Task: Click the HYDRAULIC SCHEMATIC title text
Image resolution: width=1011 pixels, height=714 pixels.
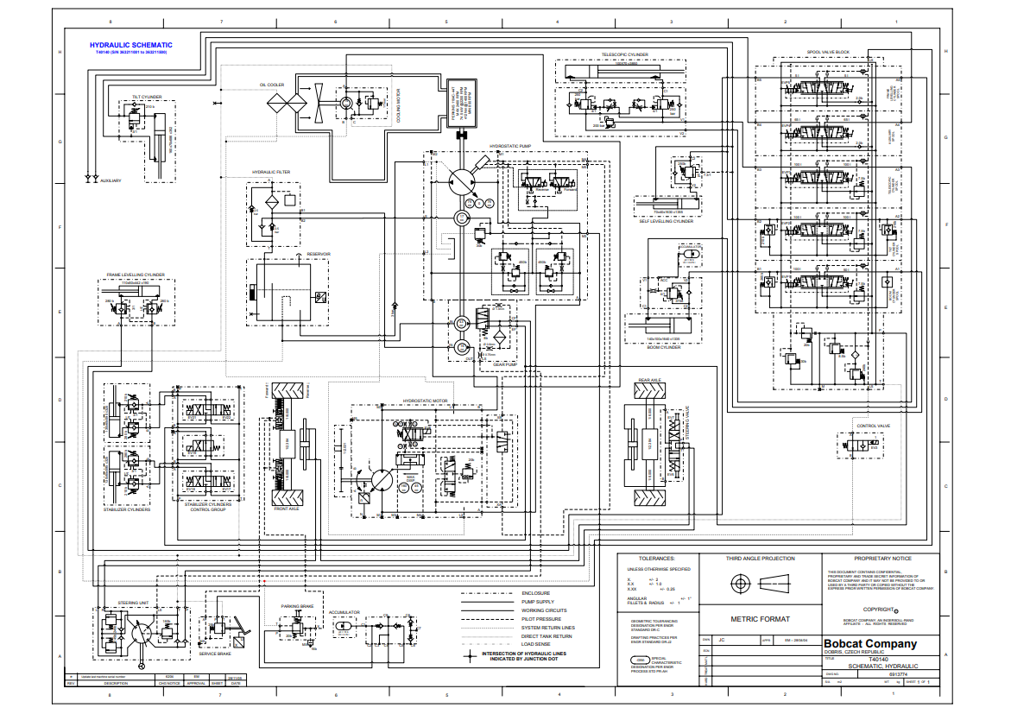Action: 131,45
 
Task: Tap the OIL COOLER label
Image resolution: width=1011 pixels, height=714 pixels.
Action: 271,85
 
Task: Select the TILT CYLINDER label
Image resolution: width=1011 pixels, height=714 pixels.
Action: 147,98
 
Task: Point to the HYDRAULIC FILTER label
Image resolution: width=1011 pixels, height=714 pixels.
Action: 271,172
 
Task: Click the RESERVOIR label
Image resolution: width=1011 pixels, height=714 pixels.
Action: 320,253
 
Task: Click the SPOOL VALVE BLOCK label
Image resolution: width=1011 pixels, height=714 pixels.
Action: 828,53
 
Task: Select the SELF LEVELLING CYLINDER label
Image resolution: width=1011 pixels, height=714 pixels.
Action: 666,221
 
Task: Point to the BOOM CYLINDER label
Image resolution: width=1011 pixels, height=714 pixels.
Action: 664,347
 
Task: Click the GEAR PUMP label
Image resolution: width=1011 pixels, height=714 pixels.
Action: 504,364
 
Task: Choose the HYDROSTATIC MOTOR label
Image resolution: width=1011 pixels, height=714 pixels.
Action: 427,401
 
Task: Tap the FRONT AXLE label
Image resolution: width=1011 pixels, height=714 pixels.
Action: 287,509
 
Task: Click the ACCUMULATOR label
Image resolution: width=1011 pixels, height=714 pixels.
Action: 343,612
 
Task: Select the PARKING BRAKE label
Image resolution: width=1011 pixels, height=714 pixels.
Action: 295,606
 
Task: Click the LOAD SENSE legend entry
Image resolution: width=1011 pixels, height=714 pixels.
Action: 535,644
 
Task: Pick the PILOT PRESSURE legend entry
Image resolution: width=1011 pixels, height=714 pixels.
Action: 541,619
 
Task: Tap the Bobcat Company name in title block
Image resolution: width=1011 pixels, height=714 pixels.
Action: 869,644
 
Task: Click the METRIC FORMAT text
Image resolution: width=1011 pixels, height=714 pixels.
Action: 761,619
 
